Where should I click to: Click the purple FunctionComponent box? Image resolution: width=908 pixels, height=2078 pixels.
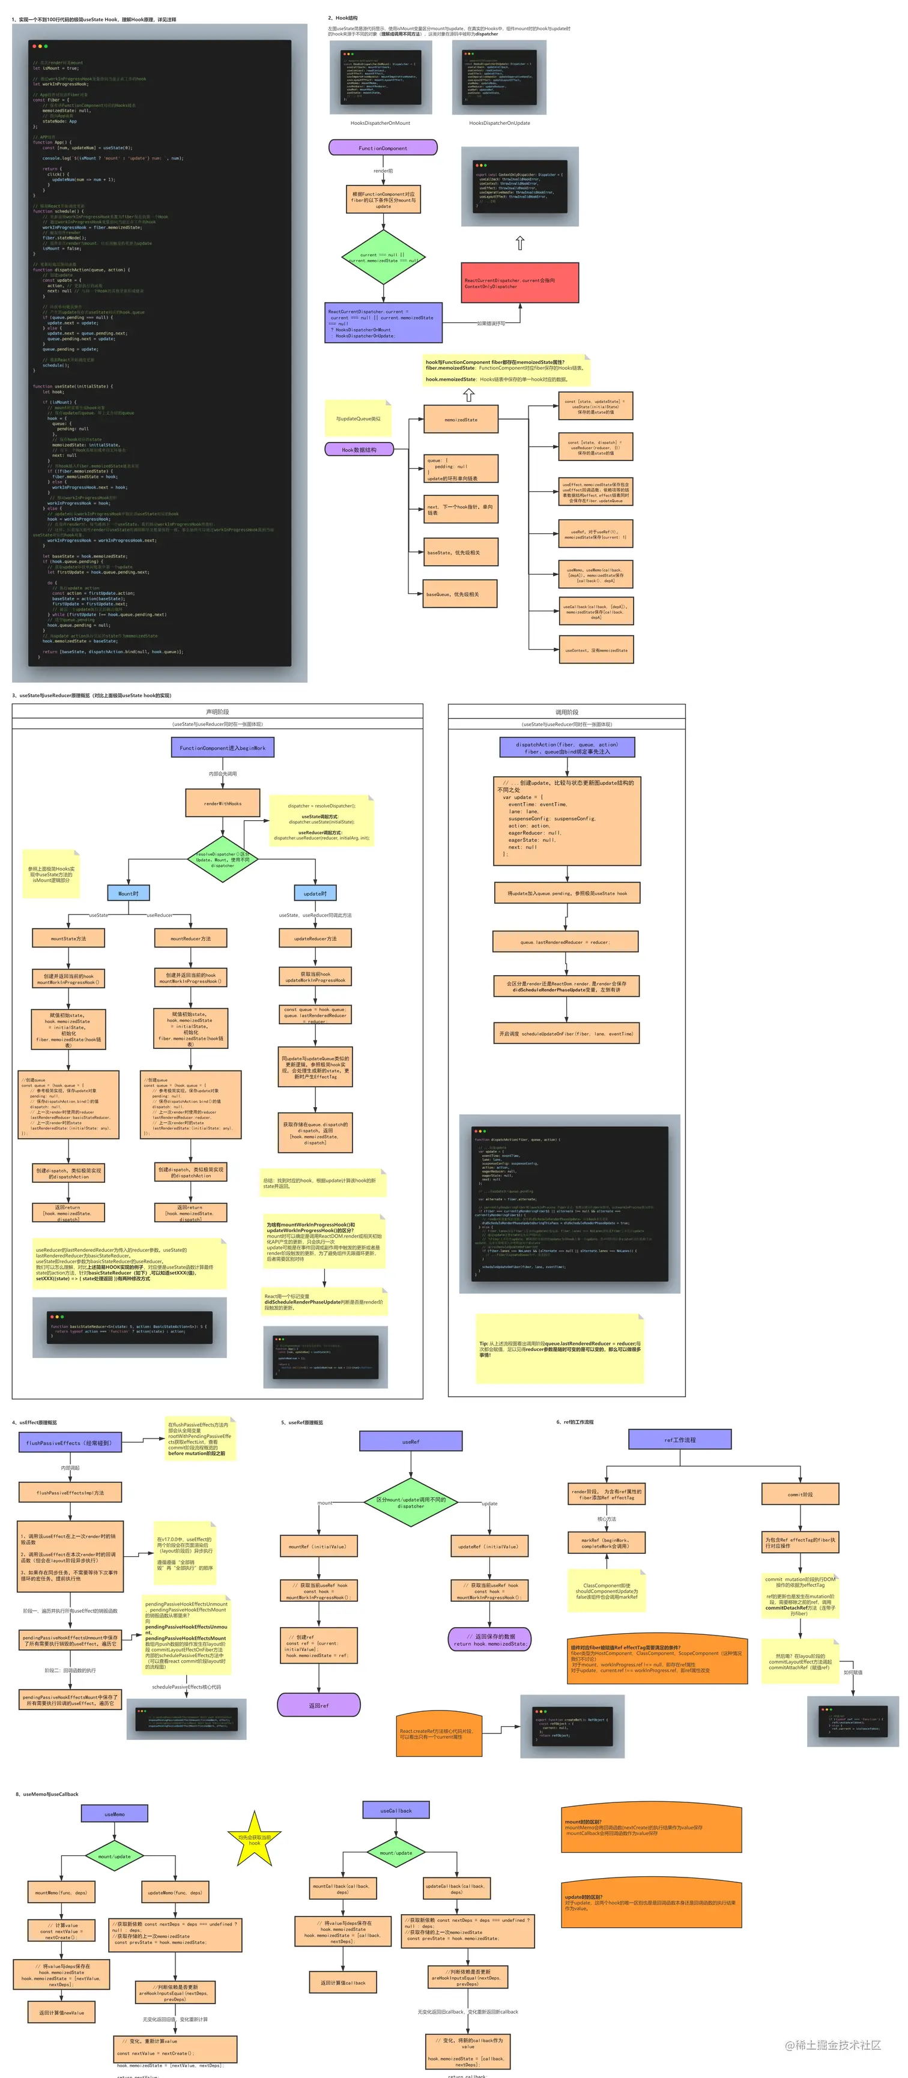pyautogui.click(x=383, y=148)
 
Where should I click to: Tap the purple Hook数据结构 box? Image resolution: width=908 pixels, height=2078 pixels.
pyautogui.click(x=359, y=449)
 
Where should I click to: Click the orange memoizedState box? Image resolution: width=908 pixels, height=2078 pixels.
pyautogui.click(x=460, y=420)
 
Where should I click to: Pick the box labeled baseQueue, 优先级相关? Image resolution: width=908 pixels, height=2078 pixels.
pyautogui.click(x=460, y=594)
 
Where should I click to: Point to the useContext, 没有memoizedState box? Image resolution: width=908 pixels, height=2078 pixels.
pyautogui.click(x=596, y=650)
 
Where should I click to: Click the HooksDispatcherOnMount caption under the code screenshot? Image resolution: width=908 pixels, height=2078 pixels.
pyautogui.click(x=380, y=124)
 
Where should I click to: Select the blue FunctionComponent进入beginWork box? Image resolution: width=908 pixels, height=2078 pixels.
pyautogui.click(x=222, y=748)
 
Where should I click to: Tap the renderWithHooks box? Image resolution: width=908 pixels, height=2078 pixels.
pyautogui.click(x=223, y=803)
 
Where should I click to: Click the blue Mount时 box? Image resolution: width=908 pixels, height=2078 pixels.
pyautogui.click(x=129, y=893)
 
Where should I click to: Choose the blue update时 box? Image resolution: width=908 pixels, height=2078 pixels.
pyautogui.click(x=315, y=893)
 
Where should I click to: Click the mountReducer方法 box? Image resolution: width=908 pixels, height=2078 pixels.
pyautogui.click(x=190, y=938)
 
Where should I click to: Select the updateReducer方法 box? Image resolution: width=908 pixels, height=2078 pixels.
pyautogui.click(x=315, y=938)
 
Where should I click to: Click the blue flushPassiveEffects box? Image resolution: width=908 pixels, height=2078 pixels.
pyautogui.click(x=70, y=1442)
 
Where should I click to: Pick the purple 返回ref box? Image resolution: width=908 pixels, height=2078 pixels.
pyautogui.click(x=319, y=1705)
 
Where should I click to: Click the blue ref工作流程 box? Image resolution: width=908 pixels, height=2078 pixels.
pyautogui.click(x=680, y=1439)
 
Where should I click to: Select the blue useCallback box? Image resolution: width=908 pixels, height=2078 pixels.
pyautogui.click(x=396, y=1810)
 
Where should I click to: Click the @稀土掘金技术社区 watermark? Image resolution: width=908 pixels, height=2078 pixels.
pyautogui.click(x=832, y=2044)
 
